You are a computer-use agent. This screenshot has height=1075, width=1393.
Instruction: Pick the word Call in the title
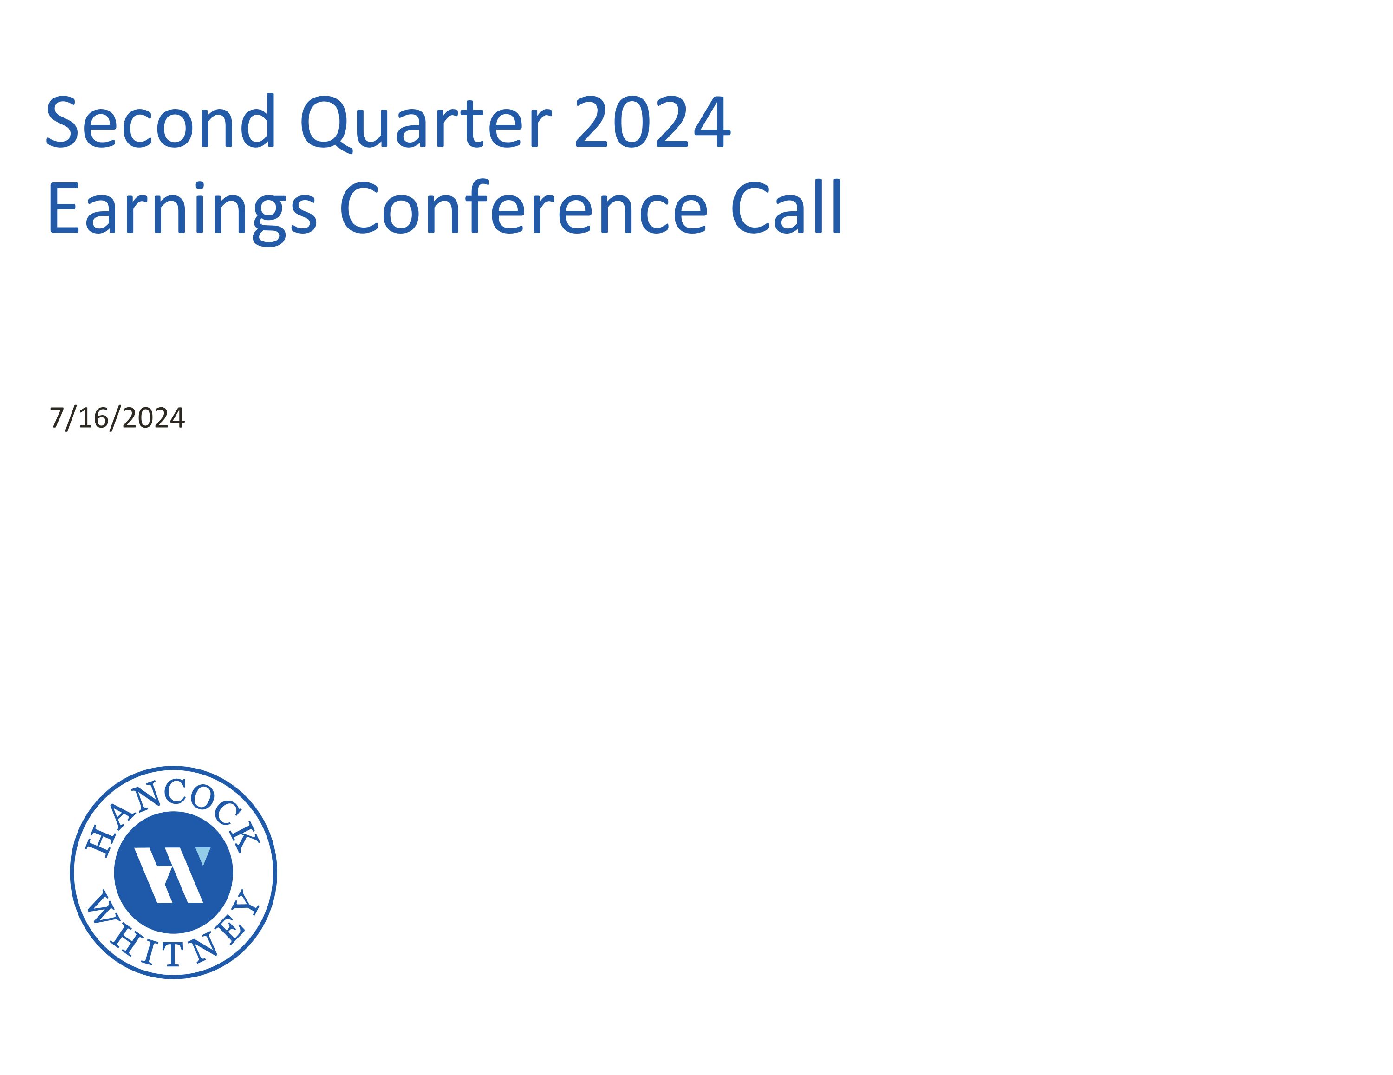tap(787, 208)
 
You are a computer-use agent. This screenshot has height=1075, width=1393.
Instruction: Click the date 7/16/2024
tap(117, 418)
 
